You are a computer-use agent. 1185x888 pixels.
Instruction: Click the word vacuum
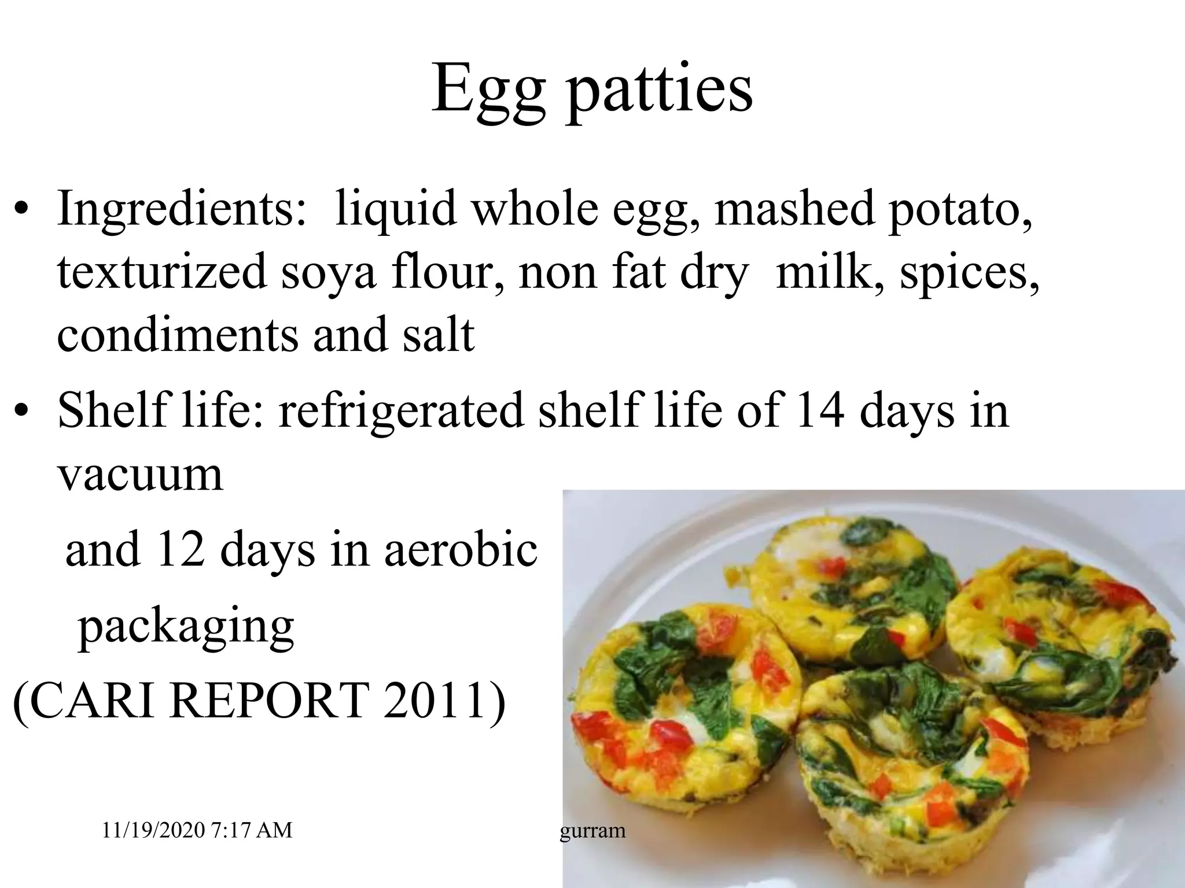[140, 475]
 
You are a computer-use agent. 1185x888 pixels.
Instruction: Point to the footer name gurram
[592, 831]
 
